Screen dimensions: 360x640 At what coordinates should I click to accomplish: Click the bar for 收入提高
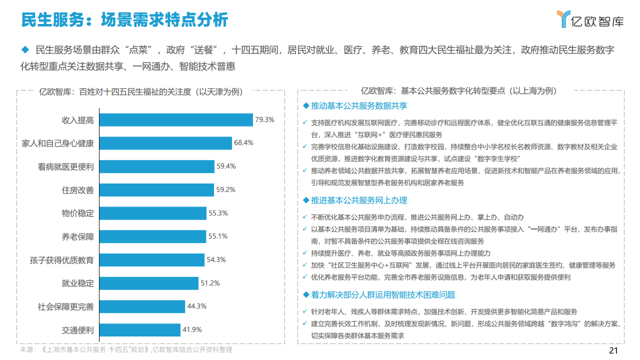pyautogui.click(x=176, y=120)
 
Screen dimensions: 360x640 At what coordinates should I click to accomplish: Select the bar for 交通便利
pyautogui.click(x=140, y=330)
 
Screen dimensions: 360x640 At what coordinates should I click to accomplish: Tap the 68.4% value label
pyautogui.click(x=243, y=142)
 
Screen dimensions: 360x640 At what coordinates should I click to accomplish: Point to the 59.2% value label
pyautogui.click(x=225, y=189)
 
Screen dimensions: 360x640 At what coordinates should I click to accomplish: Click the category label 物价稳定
pyautogui.click(x=77, y=213)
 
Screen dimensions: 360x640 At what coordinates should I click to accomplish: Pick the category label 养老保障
pyautogui.click(x=77, y=236)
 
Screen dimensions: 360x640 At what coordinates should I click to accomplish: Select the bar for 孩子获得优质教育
pyautogui.click(x=152, y=260)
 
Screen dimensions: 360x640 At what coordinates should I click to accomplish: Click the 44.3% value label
pyautogui.click(x=196, y=306)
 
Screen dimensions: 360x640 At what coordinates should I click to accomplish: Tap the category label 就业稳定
pyautogui.click(x=77, y=283)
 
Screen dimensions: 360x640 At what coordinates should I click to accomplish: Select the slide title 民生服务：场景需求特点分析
pyautogui.click(x=124, y=19)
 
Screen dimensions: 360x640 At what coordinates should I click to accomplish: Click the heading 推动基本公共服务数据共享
pyautogui.click(x=358, y=106)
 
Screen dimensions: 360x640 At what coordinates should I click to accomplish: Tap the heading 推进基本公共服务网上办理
pyautogui.click(x=358, y=200)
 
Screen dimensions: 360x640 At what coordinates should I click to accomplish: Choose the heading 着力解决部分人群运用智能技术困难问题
pyautogui.click(x=382, y=295)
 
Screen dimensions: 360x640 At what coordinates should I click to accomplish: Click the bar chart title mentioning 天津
pyautogui.click(x=141, y=91)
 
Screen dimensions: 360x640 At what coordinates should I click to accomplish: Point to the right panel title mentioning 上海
pyautogui.click(x=458, y=91)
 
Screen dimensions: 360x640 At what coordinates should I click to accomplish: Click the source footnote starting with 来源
pyautogui.click(x=126, y=349)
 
